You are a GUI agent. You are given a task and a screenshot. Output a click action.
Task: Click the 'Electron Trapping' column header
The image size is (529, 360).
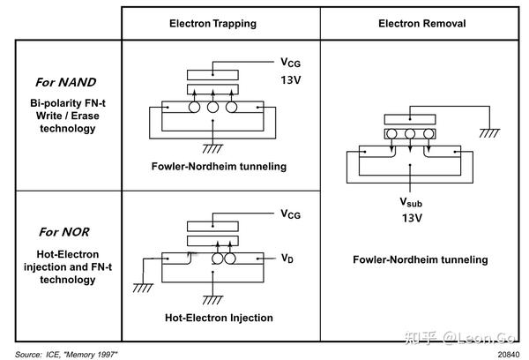point(212,23)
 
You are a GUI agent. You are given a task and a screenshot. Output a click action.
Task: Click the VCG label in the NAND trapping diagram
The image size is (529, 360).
point(290,64)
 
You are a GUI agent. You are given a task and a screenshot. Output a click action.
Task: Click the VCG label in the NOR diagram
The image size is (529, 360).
point(290,214)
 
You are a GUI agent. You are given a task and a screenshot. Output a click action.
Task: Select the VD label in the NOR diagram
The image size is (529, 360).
point(287,259)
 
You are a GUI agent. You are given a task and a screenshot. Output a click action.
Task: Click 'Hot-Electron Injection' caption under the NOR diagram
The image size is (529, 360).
point(219,318)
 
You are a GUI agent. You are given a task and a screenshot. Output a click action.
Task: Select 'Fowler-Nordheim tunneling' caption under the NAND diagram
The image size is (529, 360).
point(219,166)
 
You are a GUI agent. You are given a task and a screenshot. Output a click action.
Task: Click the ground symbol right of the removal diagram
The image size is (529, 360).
point(487,132)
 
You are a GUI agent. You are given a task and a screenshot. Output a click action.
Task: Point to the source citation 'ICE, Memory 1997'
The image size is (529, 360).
point(66,353)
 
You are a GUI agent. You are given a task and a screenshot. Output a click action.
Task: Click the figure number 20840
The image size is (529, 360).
point(508,353)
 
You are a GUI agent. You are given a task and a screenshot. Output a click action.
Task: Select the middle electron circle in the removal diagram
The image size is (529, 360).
point(409,134)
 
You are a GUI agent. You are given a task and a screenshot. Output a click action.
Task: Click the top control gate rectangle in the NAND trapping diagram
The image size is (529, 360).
point(212,74)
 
